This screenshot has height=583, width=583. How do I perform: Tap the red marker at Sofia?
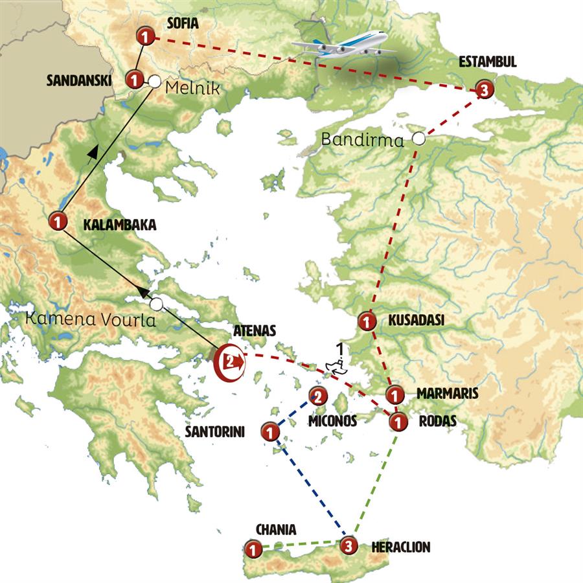pos(145,38)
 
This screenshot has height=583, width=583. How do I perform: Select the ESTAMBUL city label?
pos(487,63)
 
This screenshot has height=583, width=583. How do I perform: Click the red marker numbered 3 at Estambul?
pos(483,91)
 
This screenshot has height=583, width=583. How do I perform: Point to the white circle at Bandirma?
pos(419,138)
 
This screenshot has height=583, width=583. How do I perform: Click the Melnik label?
pos(193,89)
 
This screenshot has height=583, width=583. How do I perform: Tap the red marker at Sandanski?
pos(133,80)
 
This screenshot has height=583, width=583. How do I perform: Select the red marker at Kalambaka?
pos(58,222)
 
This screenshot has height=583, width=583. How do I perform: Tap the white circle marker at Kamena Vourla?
pos(155,303)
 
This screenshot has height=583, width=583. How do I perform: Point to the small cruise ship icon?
pos(337,366)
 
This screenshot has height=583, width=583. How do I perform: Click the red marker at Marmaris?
pos(394,393)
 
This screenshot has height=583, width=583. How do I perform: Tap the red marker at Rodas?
pos(398,421)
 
